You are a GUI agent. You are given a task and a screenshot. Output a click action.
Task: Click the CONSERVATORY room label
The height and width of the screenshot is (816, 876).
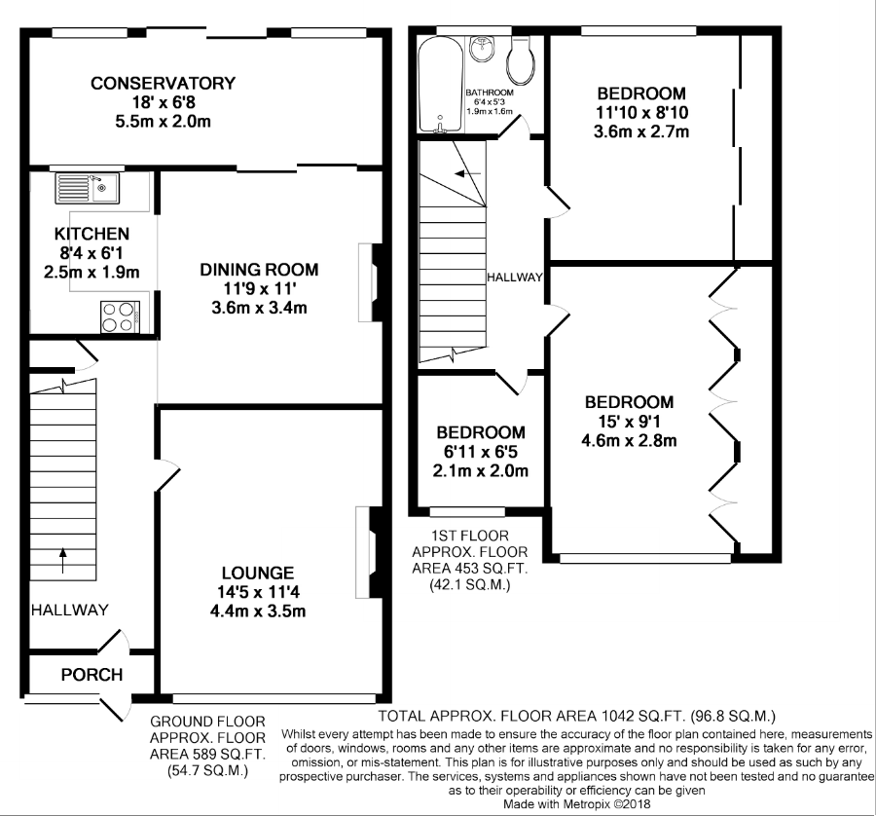point(164,84)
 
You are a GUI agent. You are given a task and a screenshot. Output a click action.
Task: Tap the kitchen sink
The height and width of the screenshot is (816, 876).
point(88,188)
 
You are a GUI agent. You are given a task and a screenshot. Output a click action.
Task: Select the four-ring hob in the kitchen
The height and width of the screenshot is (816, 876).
point(120,316)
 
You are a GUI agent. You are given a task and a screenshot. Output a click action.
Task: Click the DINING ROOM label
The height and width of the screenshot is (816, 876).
point(259,270)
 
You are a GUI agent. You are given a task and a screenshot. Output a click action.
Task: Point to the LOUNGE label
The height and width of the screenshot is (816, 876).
point(258,573)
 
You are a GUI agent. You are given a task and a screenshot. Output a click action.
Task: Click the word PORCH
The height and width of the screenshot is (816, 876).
point(91,675)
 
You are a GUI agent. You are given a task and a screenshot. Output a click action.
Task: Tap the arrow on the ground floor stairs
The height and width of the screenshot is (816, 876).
point(62,561)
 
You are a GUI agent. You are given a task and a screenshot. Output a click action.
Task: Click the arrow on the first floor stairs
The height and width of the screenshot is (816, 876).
point(467,174)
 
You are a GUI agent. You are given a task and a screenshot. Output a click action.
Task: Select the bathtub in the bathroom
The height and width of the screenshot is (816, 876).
point(441,85)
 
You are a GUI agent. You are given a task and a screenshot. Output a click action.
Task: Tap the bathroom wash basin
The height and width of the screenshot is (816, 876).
point(481,50)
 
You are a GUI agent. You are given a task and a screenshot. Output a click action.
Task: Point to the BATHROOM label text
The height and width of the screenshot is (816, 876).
point(490,93)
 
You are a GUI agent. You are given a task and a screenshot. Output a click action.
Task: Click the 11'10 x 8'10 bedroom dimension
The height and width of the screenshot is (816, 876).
point(642,112)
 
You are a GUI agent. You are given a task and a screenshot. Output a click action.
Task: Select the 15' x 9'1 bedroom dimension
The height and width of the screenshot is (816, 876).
point(629,421)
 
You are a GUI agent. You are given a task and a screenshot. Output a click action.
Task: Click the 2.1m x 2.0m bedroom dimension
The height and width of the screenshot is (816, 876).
point(481,470)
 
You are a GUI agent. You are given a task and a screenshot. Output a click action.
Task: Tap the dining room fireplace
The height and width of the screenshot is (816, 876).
point(371,282)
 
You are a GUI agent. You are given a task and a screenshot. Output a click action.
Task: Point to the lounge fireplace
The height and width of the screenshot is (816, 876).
point(369,552)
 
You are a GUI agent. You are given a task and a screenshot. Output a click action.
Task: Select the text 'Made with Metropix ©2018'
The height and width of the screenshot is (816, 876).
point(577,804)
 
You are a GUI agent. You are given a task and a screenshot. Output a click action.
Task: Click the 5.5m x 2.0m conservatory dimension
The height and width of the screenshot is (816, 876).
point(164,122)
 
